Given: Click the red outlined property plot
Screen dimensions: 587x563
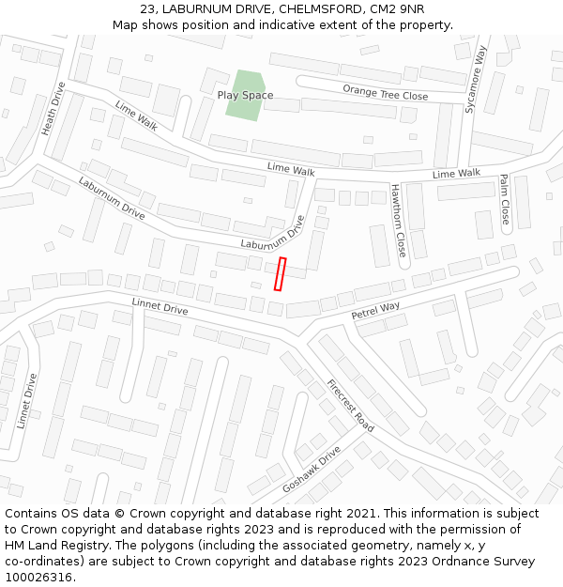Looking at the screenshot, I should point(280,273).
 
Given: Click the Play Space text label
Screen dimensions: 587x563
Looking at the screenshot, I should point(245,95).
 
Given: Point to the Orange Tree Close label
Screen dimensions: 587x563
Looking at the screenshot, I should point(385,92).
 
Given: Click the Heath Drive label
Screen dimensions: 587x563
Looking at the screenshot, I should point(54,109).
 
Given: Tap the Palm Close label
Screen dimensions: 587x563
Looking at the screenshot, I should point(505,203).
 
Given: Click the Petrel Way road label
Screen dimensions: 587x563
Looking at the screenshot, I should point(375,310).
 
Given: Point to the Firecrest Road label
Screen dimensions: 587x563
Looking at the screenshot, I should point(350,406).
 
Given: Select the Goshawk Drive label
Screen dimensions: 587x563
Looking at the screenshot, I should point(311,473).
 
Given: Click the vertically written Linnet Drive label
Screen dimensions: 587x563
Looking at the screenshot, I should point(27,401).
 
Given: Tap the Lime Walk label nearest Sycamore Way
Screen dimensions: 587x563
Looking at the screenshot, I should point(456,174).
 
